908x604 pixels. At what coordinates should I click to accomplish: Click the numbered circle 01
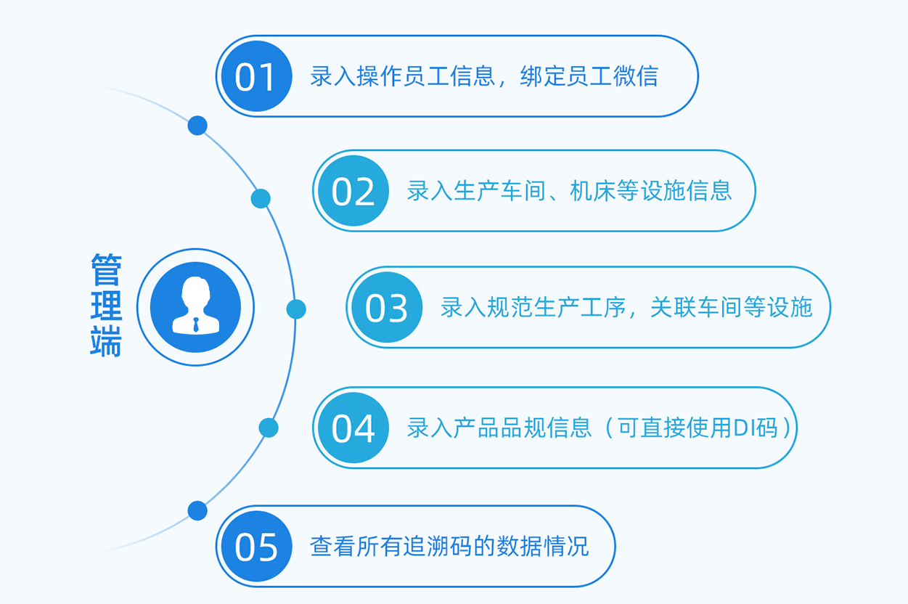coord(257,76)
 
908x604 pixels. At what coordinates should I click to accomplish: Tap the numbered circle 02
coord(353,191)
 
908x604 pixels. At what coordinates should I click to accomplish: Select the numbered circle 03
coord(387,307)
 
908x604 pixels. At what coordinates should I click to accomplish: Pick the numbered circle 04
coord(353,428)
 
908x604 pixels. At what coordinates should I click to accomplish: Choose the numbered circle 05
coord(257,546)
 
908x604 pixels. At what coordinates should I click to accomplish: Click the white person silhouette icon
coord(196,305)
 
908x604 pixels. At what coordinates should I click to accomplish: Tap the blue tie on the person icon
coord(196,325)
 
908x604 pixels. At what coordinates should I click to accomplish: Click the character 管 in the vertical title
coord(106,269)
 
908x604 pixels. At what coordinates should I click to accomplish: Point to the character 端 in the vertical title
coord(106,341)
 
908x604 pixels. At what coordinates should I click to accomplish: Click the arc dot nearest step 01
coord(197,126)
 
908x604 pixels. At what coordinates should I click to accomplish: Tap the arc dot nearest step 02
coord(261,199)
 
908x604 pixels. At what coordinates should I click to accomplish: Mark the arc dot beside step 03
coord(296,309)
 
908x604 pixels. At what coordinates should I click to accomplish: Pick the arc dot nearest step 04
coord(269,428)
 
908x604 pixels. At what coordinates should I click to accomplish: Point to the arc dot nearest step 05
coord(197,510)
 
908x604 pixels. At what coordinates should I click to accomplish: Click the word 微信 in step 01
coord(635,76)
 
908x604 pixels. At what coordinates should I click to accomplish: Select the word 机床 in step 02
coord(593,191)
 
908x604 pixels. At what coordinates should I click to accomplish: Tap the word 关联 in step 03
coord(674,307)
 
